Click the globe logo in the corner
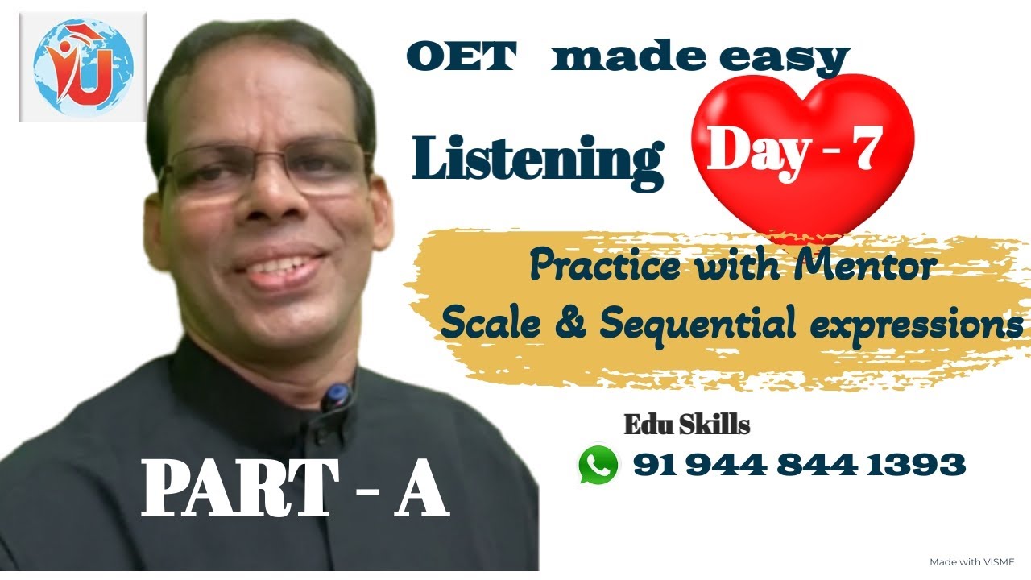82,66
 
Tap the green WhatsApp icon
598,465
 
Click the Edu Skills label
687,425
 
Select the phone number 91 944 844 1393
799,464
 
